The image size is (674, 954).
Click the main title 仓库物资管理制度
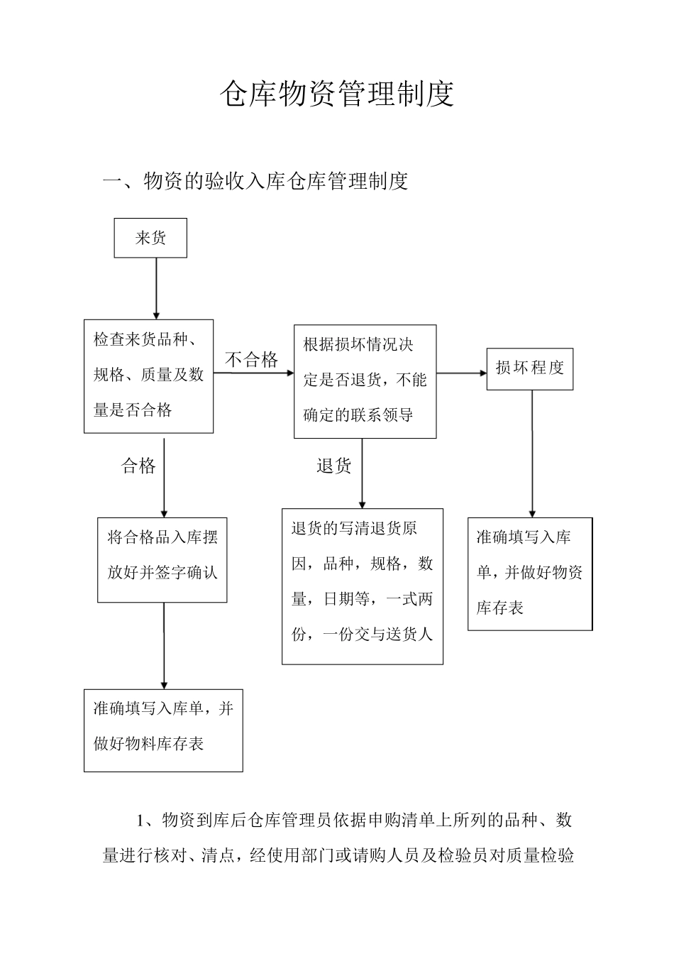[x=336, y=94]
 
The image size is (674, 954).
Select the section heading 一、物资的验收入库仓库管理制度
[x=255, y=181]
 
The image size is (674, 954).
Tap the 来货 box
[x=150, y=238]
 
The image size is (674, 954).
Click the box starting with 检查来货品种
[x=149, y=375]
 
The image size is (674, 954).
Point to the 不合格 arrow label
[x=252, y=359]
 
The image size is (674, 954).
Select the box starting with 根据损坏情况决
[x=365, y=381]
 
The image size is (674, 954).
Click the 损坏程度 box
[x=529, y=368]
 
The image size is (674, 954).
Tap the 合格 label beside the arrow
[x=138, y=466]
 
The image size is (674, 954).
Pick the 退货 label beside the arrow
[x=333, y=466]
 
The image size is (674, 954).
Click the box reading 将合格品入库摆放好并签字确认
[x=162, y=560]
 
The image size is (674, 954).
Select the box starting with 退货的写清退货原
[x=362, y=586]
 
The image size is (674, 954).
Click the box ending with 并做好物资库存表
[x=529, y=574]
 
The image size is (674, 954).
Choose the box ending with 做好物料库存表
[x=163, y=730]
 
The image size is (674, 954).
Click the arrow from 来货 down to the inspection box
[x=156, y=287]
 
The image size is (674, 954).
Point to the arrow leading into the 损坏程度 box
[x=461, y=373]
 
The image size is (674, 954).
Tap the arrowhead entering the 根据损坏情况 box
[x=289, y=371]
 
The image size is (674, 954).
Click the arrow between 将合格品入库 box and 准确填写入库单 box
[x=164, y=646]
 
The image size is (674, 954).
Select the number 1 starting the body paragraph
[x=140, y=821]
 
